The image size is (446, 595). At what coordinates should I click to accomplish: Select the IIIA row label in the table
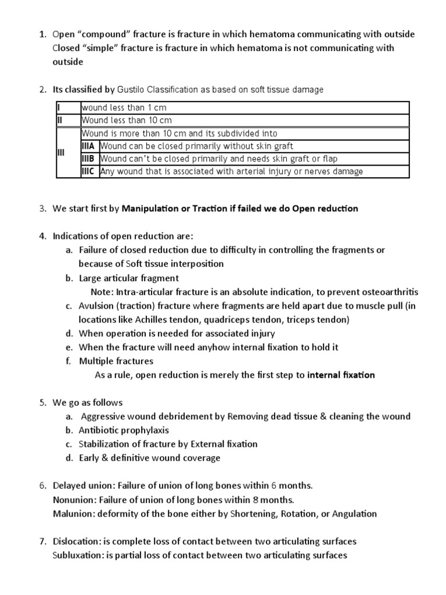click(x=89, y=146)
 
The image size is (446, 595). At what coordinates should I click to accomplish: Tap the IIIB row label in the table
click(x=89, y=159)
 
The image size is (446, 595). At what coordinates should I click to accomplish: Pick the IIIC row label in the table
click(x=89, y=171)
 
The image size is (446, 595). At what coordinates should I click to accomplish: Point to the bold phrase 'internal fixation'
click(x=341, y=375)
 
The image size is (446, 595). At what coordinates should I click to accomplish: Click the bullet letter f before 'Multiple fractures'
click(x=68, y=361)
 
